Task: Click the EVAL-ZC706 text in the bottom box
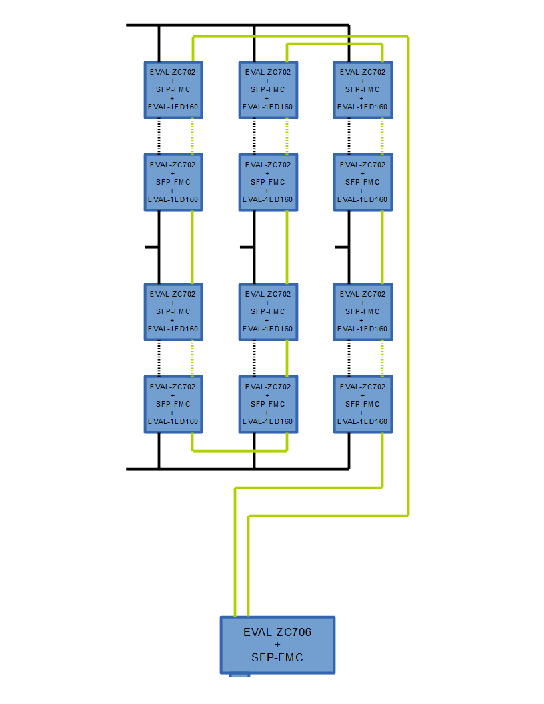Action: [x=277, y=632]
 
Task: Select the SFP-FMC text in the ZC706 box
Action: [x=277, y=657]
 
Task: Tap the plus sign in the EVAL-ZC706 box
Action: [x=277, y=645]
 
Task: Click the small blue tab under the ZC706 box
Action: [x=239, y=677]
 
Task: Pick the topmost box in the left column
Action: [x=173, y=90]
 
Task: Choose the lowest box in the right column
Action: [x=363, y=404]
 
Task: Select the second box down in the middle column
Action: [x=268, y=182]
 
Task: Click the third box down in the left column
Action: [x=173, y=311]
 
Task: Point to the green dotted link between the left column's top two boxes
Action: [x=193, y=136]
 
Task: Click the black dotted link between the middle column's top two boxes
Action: [x=254, y=136]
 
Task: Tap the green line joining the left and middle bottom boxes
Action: [x=239, y=451]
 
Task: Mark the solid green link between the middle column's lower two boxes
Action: [x=287, y=358]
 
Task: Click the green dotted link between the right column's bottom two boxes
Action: [x=382, y=358]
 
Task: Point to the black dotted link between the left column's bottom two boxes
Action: [x=159, y=358]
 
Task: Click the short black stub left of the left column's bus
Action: [x=151, y=247]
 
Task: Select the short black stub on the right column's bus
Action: [x=341, y=247]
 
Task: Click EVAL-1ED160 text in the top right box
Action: [x=363, y=107]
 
